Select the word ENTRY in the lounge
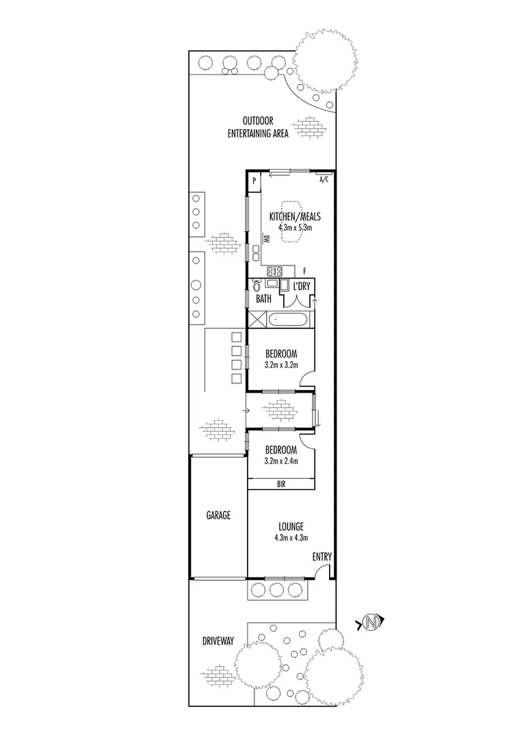click(322, 558)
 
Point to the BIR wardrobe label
click(280, 484)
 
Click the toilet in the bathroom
click(257, 286)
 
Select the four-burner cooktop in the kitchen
click(274, 270)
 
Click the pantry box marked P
click(254, 181)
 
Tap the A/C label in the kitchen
click(324, 180)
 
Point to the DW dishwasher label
click(267, 239)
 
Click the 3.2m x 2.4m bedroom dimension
click(280, 461)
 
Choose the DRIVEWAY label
click(218, 641)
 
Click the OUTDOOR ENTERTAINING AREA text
click(258, 128)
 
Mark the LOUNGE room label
click(291, 526)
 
